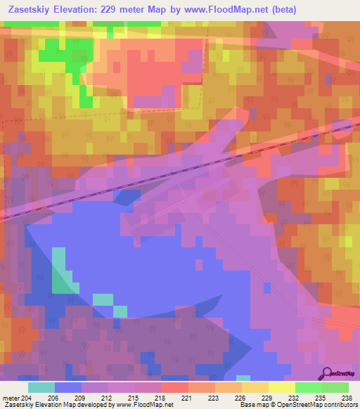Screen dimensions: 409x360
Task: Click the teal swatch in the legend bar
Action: point(41,387)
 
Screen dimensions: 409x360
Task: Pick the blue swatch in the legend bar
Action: point(68,387)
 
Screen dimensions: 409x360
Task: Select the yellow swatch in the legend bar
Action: point(282,387)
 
